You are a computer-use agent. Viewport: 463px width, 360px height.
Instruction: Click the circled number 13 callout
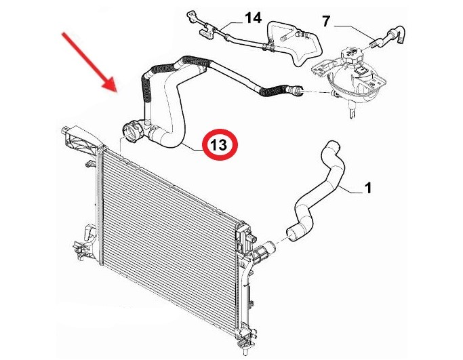click(x=220, y=144)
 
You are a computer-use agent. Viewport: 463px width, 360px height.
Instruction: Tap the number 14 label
click(x=254, y=18)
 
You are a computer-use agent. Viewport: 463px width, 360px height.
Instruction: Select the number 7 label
click(x=325, y=21)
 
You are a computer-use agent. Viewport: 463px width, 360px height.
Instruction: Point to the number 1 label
click(x=367, y=188)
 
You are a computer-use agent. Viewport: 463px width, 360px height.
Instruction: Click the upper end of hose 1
click(x=332, y=146)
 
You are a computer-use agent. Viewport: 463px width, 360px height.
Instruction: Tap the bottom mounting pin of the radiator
click(x=245, y=351)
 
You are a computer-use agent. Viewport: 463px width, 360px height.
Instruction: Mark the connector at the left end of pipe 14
click(x=191, y=16)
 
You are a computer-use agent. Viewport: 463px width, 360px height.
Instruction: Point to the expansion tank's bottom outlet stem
click(x=351, y=111)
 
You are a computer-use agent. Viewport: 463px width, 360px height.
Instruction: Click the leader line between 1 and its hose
click(x=350, y=190)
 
